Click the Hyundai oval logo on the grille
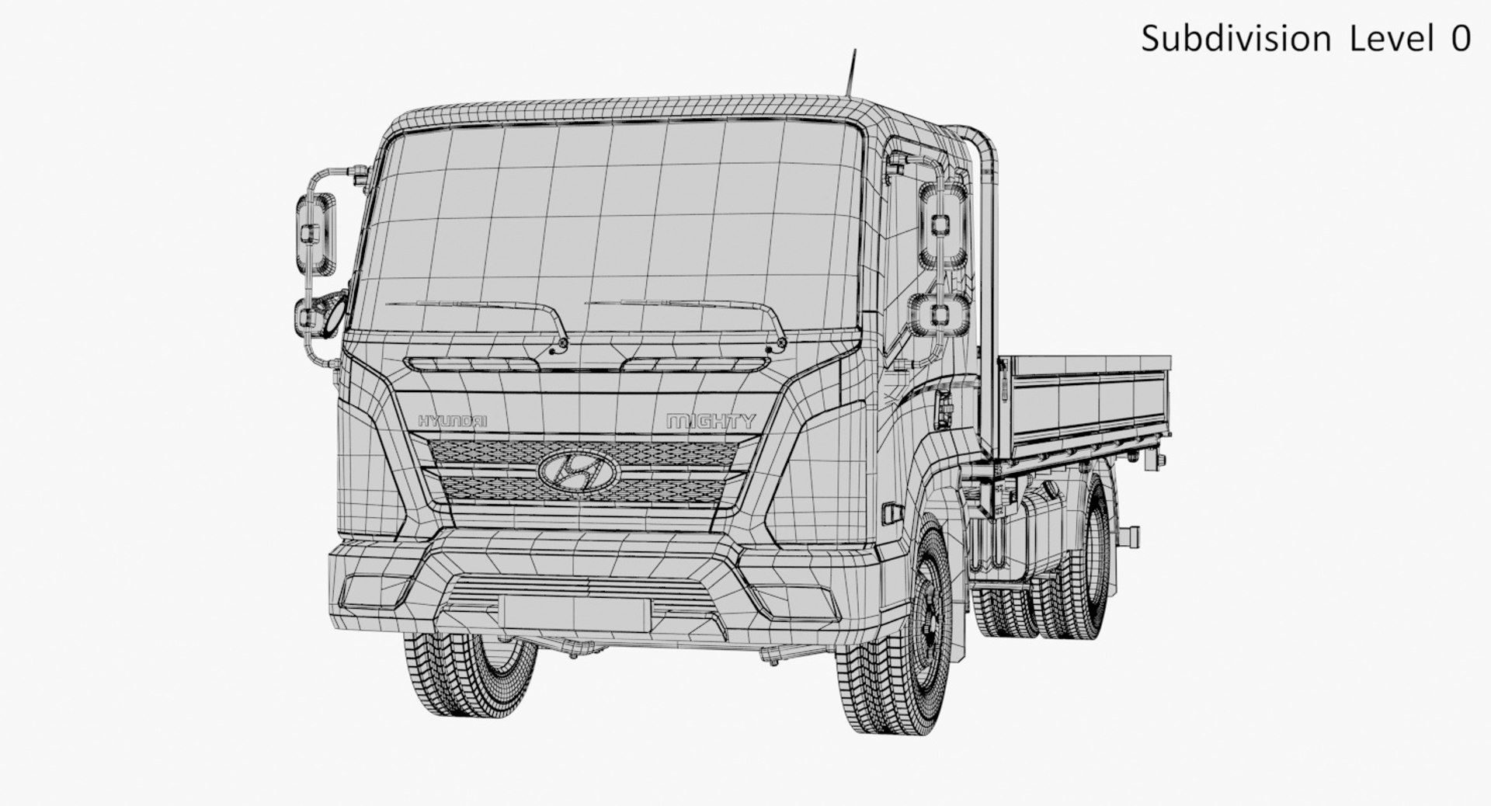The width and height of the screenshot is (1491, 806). pyautogui.click(x=577, y=471)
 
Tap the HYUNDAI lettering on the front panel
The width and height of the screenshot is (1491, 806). pyautogui.click(x=452, y=421)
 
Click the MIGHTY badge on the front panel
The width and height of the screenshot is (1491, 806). pyautogui.click(x=711, y=422)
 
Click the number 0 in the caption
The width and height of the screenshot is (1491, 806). pyautogui.click(x=1460, y=39)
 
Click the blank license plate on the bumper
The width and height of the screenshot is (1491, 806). pyautogui.click(x=575, y=613)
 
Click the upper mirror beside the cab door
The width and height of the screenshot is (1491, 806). pyautogui.click(x=942, y=224)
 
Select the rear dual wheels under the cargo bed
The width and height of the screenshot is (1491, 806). pyautogui.click(x=1079, y=575)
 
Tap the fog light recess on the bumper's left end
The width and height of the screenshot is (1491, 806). pyautogui.click(x=373, y=590)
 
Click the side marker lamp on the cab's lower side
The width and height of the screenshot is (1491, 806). pyautogui.click(x=891, y=513)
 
